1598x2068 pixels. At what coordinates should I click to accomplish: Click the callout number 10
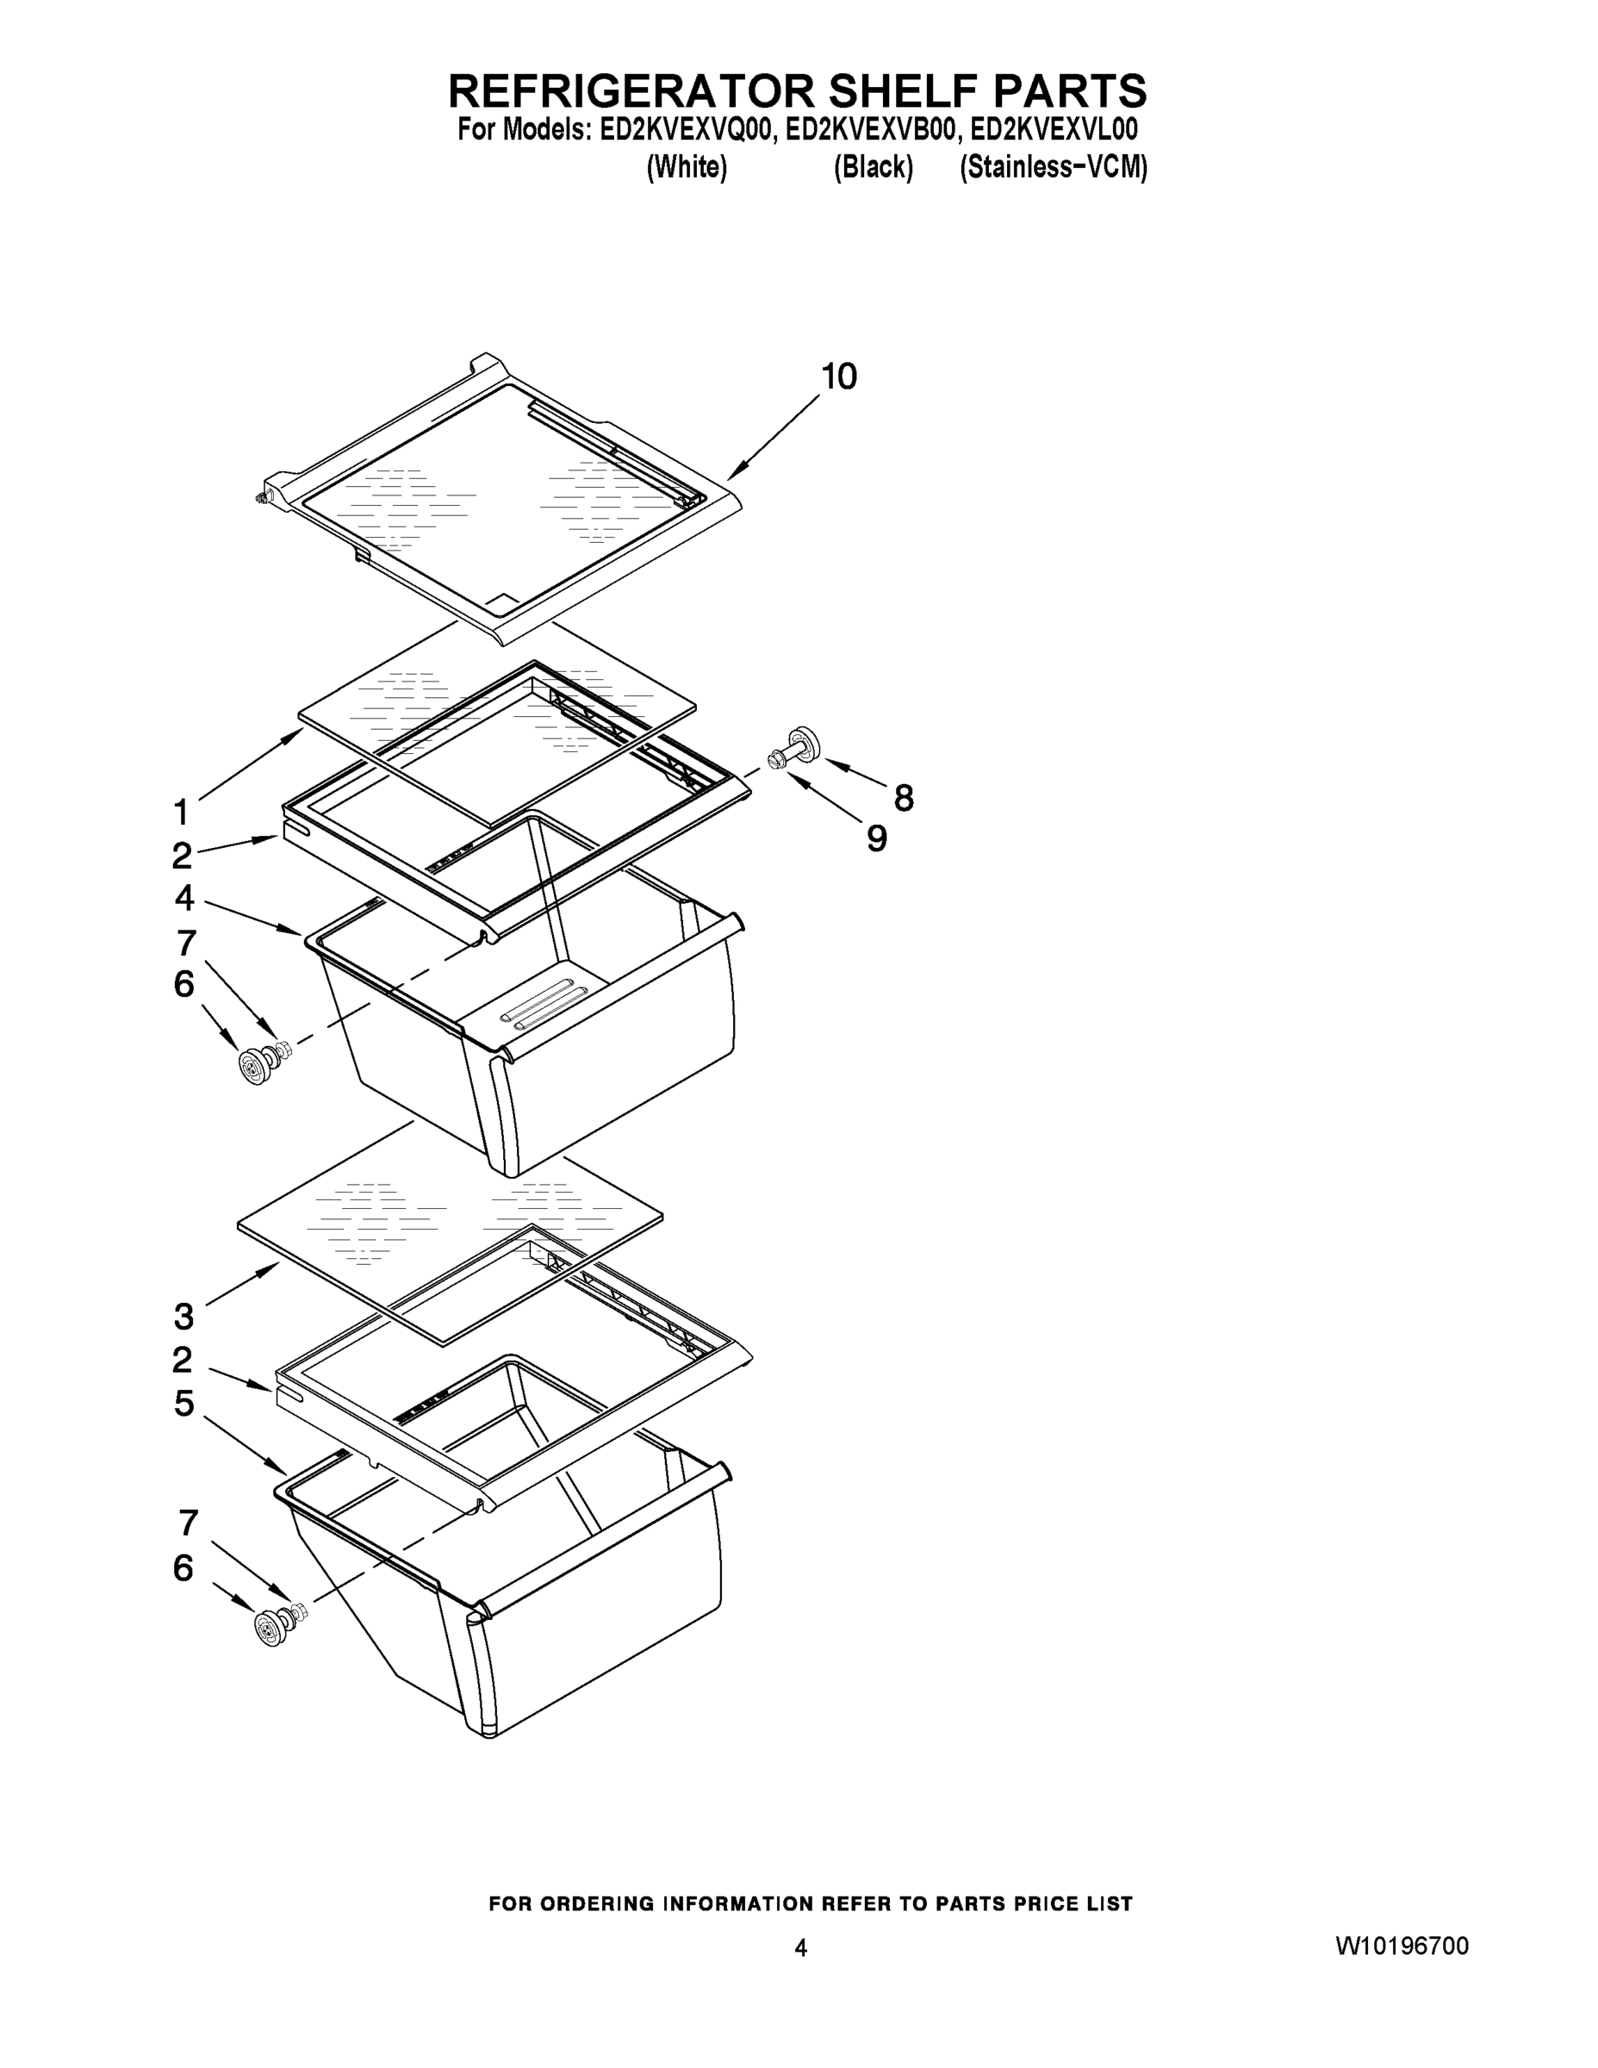839,377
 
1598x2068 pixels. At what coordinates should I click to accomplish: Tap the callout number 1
181,813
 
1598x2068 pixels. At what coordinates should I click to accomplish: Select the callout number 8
904,798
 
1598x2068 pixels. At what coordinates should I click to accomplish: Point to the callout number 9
878,838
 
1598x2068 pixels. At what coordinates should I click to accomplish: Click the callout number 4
183,897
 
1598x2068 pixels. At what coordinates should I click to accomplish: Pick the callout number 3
183,1316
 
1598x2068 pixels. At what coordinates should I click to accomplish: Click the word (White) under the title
687,168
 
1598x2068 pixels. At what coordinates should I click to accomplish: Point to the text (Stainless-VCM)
1053,168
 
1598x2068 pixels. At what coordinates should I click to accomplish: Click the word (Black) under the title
873,168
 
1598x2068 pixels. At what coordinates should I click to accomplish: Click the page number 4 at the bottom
801,1947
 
